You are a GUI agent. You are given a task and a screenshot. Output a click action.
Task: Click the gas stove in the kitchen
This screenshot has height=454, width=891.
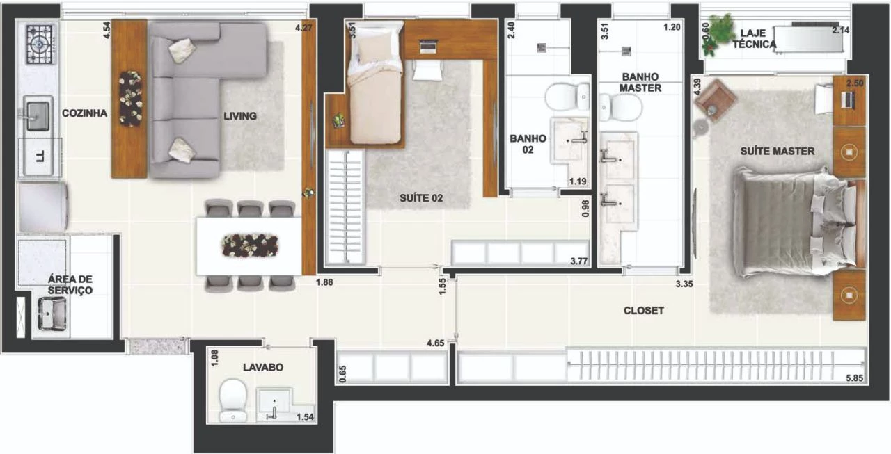click(40, 44)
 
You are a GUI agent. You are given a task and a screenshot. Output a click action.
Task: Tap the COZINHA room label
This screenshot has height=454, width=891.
click(84, 113)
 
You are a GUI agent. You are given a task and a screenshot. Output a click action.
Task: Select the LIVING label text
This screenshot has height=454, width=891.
click(240, 116)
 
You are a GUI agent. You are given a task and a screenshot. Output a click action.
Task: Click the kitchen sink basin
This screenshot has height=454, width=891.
click(38, 115)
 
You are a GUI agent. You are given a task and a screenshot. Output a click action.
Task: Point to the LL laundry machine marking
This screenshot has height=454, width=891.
click(40, 156)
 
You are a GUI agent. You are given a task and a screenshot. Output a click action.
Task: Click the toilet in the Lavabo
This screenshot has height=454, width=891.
click(233, 400)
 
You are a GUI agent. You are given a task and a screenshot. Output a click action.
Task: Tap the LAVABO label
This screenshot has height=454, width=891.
click(263, 367)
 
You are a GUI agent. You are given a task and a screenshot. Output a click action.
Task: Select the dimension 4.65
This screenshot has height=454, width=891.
click(436, 343)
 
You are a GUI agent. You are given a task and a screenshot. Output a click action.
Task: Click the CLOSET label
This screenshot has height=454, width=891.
click(644, 311)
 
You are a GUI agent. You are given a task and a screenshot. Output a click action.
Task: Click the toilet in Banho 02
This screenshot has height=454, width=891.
click(567, 97)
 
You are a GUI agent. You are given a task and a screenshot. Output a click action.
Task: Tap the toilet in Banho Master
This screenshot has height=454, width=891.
click(620, 107)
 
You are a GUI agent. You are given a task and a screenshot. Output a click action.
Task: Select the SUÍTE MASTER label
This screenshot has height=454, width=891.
click(778, 151)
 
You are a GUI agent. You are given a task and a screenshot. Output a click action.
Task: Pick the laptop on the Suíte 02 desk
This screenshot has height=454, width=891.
click(429, 46)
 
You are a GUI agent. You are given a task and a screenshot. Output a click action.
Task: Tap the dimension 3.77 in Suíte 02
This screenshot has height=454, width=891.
click(578, 261)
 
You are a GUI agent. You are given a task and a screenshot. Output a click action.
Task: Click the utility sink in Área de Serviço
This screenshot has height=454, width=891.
click(52, 314)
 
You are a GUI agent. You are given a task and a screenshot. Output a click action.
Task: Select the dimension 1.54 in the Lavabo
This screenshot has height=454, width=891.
click(305, 417)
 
